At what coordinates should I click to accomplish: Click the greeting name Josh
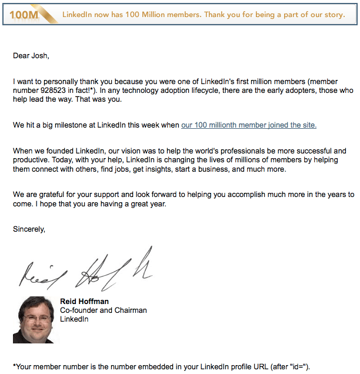click(x=40, y=56)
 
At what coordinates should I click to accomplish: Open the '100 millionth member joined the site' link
click(x=249, y=125)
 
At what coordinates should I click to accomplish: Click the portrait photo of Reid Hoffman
click(x=33, y=319)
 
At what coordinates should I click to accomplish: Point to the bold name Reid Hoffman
click(x=84, y=302)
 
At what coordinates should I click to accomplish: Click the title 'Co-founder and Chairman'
click(x=103, y=310)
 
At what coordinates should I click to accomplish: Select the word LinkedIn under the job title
click(x=74, y=319)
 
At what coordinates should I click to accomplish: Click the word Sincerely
click(x=29, y=213)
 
